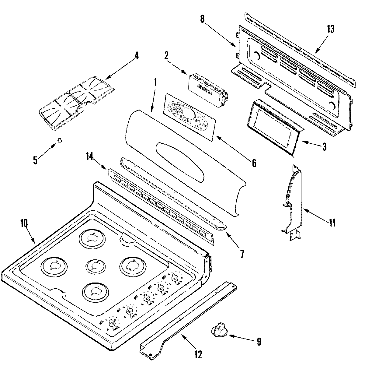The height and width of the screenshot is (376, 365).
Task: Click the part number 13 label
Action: tap(330, 29)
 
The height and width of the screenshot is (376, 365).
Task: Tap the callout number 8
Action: tap(202, 19)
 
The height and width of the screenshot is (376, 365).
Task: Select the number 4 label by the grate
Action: tap(136, 56)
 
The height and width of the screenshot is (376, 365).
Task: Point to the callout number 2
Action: tap(166, 56)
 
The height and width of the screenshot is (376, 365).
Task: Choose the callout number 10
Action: tap(24, 223)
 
